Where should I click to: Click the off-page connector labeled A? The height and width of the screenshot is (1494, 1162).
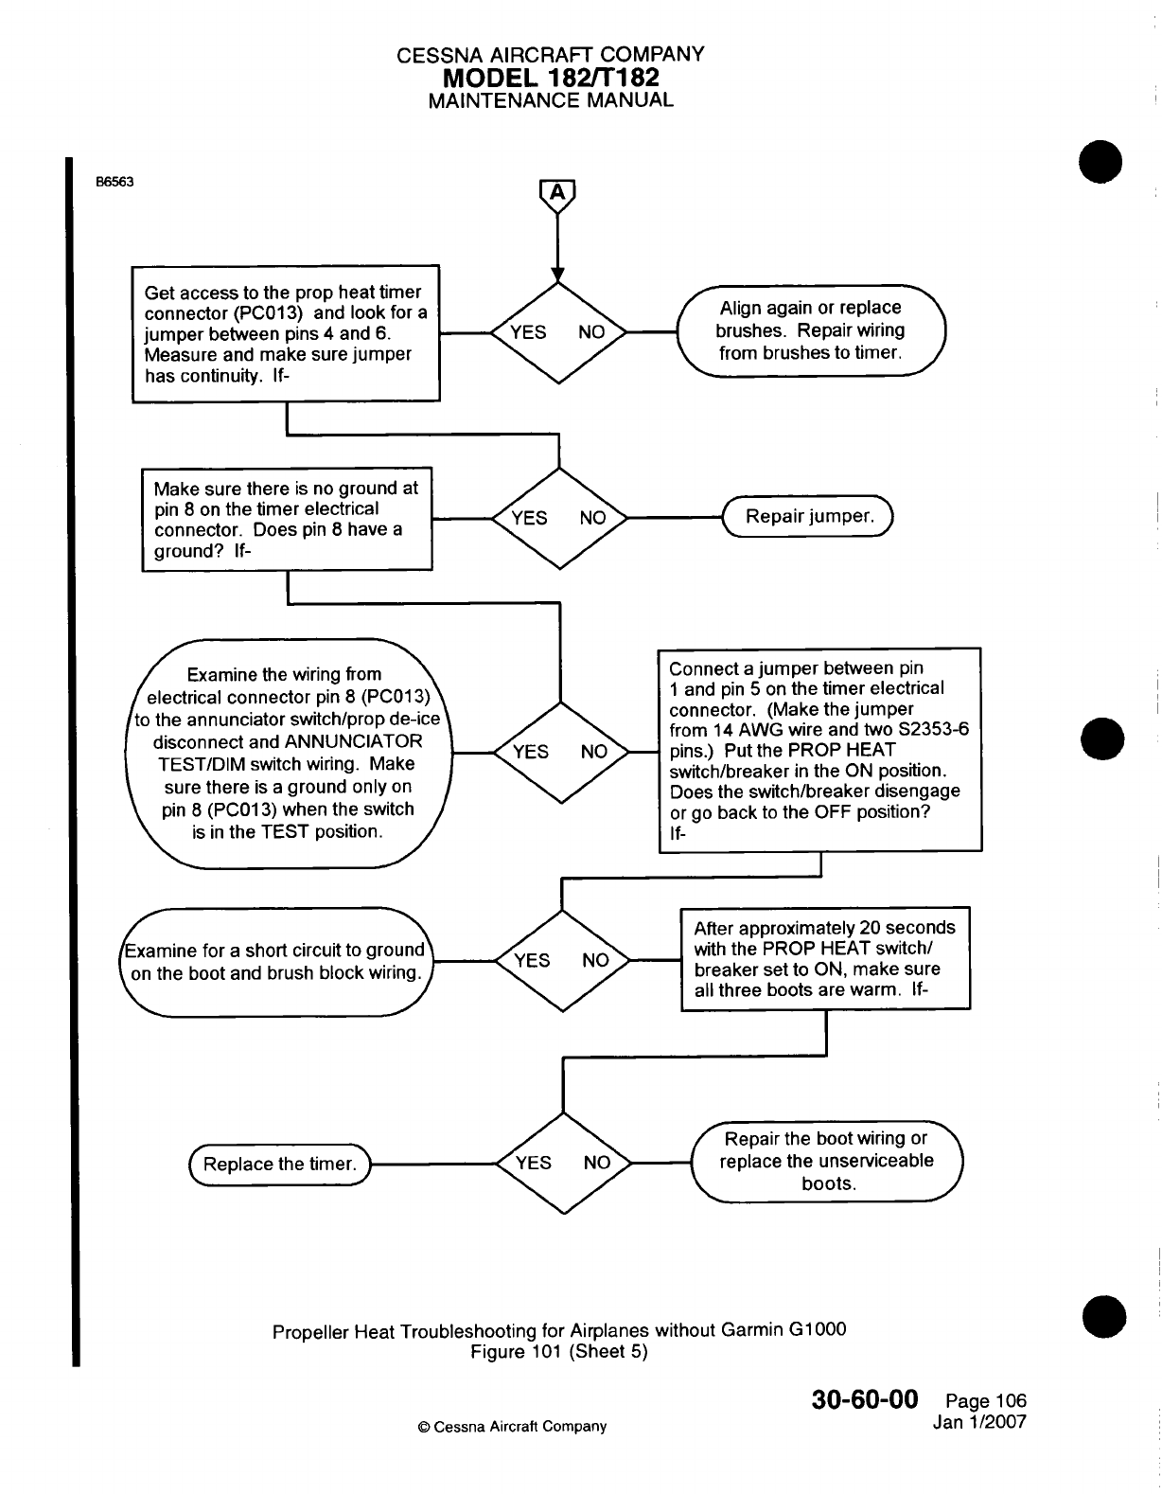pyautogui.click(x=557, y=193)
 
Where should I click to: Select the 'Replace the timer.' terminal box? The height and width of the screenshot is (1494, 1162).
pyautogui.click(x=280, y=1165)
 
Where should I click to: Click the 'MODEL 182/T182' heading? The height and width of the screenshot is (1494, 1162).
pyautogui.click(x=551, y=77)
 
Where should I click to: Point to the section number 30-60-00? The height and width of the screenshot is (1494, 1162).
pyautogui.click(x=864, y=1398)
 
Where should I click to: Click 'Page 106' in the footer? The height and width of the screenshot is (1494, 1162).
pyautogui.click(x=985, y=1401)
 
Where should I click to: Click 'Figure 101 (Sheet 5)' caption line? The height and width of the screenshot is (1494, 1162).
pyautogui.click(x=558, y=1352)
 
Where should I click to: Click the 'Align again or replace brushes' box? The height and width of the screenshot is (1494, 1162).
pyautogui.click(x=811, y=330)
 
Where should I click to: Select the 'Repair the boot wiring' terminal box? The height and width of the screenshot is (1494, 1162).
pyautogui.click(x=827, y=1162)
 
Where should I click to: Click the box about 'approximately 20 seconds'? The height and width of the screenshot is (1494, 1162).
pyautogui.click(x=825, y=959)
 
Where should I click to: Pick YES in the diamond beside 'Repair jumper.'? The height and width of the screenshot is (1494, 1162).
pyautogui.click(x=529, y=518)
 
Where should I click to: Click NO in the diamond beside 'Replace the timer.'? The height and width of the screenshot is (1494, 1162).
pyautogui.click(x=597, y=1163)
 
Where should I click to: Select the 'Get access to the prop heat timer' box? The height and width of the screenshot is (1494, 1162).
pyautogui.click(x=286, y=333)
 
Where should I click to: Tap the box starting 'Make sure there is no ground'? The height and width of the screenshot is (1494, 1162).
pyautogui.click(x=287, y=519)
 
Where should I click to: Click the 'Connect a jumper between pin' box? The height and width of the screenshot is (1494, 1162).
pyautogui.click(x=819, y=750)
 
